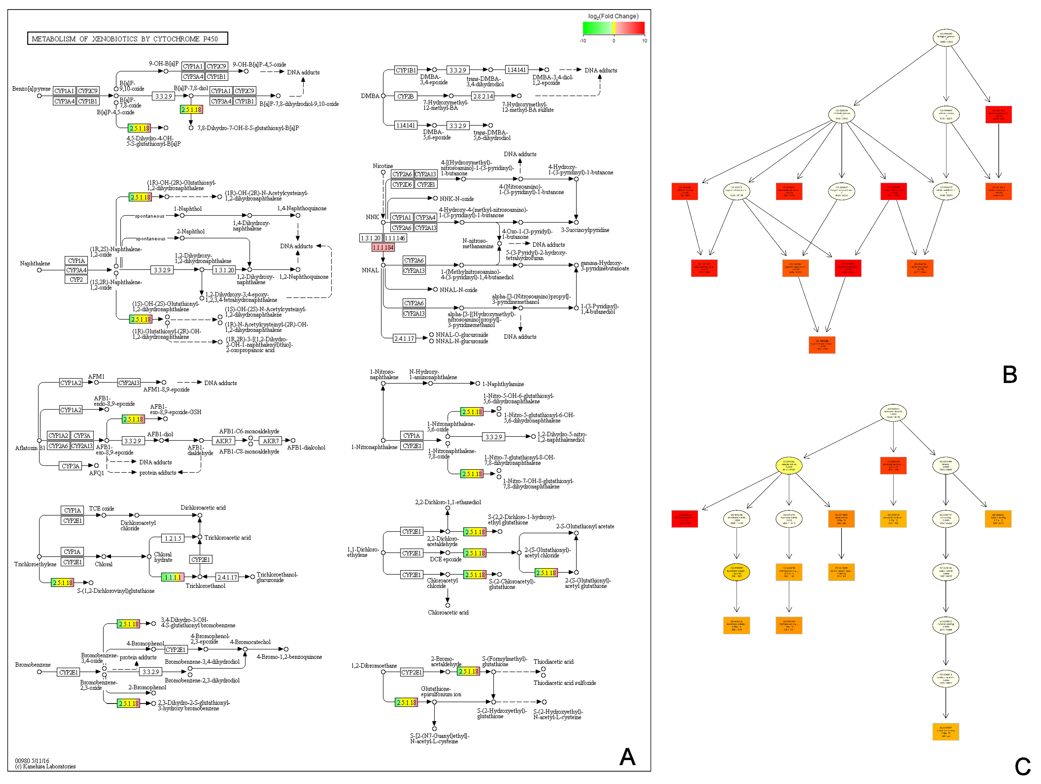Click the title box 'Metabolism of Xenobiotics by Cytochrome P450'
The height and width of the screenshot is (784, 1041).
[x=127, y=39]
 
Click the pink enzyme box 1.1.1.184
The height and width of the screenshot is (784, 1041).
[x=382, y=247]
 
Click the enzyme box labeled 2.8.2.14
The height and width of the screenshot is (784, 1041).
[x=483, y=96]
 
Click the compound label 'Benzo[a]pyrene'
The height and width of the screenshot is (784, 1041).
[x=31, y=88]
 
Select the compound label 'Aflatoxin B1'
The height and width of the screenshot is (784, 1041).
[x=30, y=448]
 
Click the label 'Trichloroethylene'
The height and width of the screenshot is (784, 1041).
[x=35, y=564]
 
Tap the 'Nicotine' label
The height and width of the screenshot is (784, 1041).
[x=382, y=166]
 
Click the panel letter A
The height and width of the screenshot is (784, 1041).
[x=627, y=757]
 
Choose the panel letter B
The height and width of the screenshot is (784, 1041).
[x=1009, y=374]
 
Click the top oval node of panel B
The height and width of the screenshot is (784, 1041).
[x=946, y=38]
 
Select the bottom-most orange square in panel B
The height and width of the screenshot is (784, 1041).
[x=822, y=345]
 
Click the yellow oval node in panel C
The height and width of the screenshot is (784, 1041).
[x=789, y=466]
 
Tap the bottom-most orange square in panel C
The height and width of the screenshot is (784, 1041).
[x=946, y=732]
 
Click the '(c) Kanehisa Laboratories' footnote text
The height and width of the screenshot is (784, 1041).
[x=45, y=767]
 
